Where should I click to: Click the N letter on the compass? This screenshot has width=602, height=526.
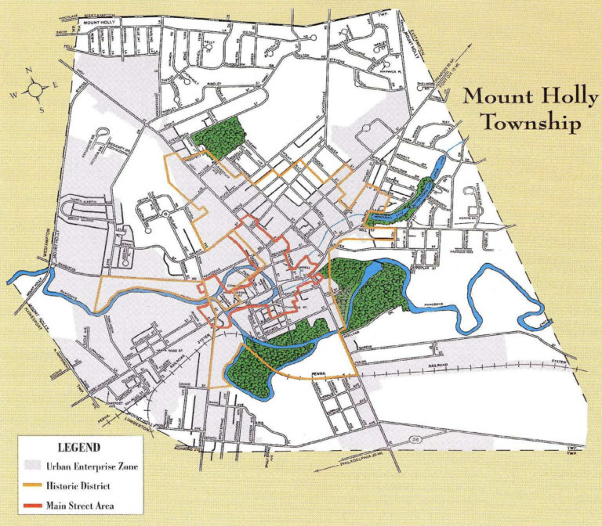click(28, 71)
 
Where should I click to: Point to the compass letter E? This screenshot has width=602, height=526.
click(56, 83)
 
